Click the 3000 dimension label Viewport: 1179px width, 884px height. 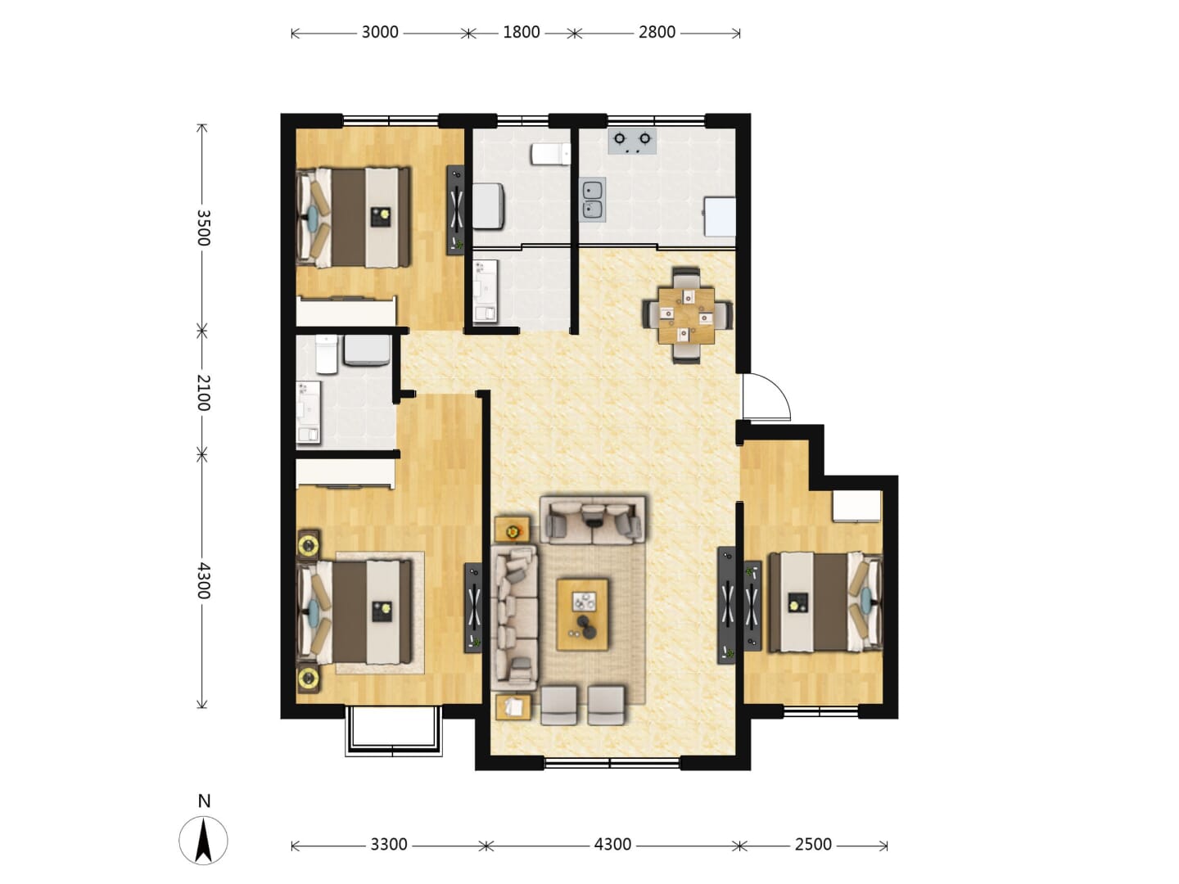pyautogui.click(x=380, y=33)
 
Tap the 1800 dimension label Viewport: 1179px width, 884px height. pyautogui.click(x=521, y=33)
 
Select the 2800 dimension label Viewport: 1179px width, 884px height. pyautogui.click(x=657, y=33)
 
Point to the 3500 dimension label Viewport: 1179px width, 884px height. pyautogui.click(x=203, y=228)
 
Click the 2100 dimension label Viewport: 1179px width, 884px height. pyautogui.click(x=203, y=393)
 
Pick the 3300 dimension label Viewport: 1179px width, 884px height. pyautogui.click(x=389, y=844)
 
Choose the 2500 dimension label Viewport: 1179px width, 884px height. pyautogui.click(x=813, y=844)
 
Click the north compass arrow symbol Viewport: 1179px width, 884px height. pyautogui.click(x=203, y=841)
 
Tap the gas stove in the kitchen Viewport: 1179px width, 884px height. pyautogui.click(x=632, y=141)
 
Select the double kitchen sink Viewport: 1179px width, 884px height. pyautogui.click(x=593, y=200)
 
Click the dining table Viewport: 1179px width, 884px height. pyautogui.click(x=686, y=316)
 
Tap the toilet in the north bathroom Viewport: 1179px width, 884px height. pyautogui.click(x=550, y=155)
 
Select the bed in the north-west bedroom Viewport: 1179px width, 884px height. pyautogui.click(x=355, y=218)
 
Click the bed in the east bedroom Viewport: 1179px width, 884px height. pyautogui.click(x=825, y=602)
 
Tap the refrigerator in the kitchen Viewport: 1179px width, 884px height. pyautogui.click(x=720, y=217)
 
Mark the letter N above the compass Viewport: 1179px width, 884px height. pyautogui.click(x=204, y=801)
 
